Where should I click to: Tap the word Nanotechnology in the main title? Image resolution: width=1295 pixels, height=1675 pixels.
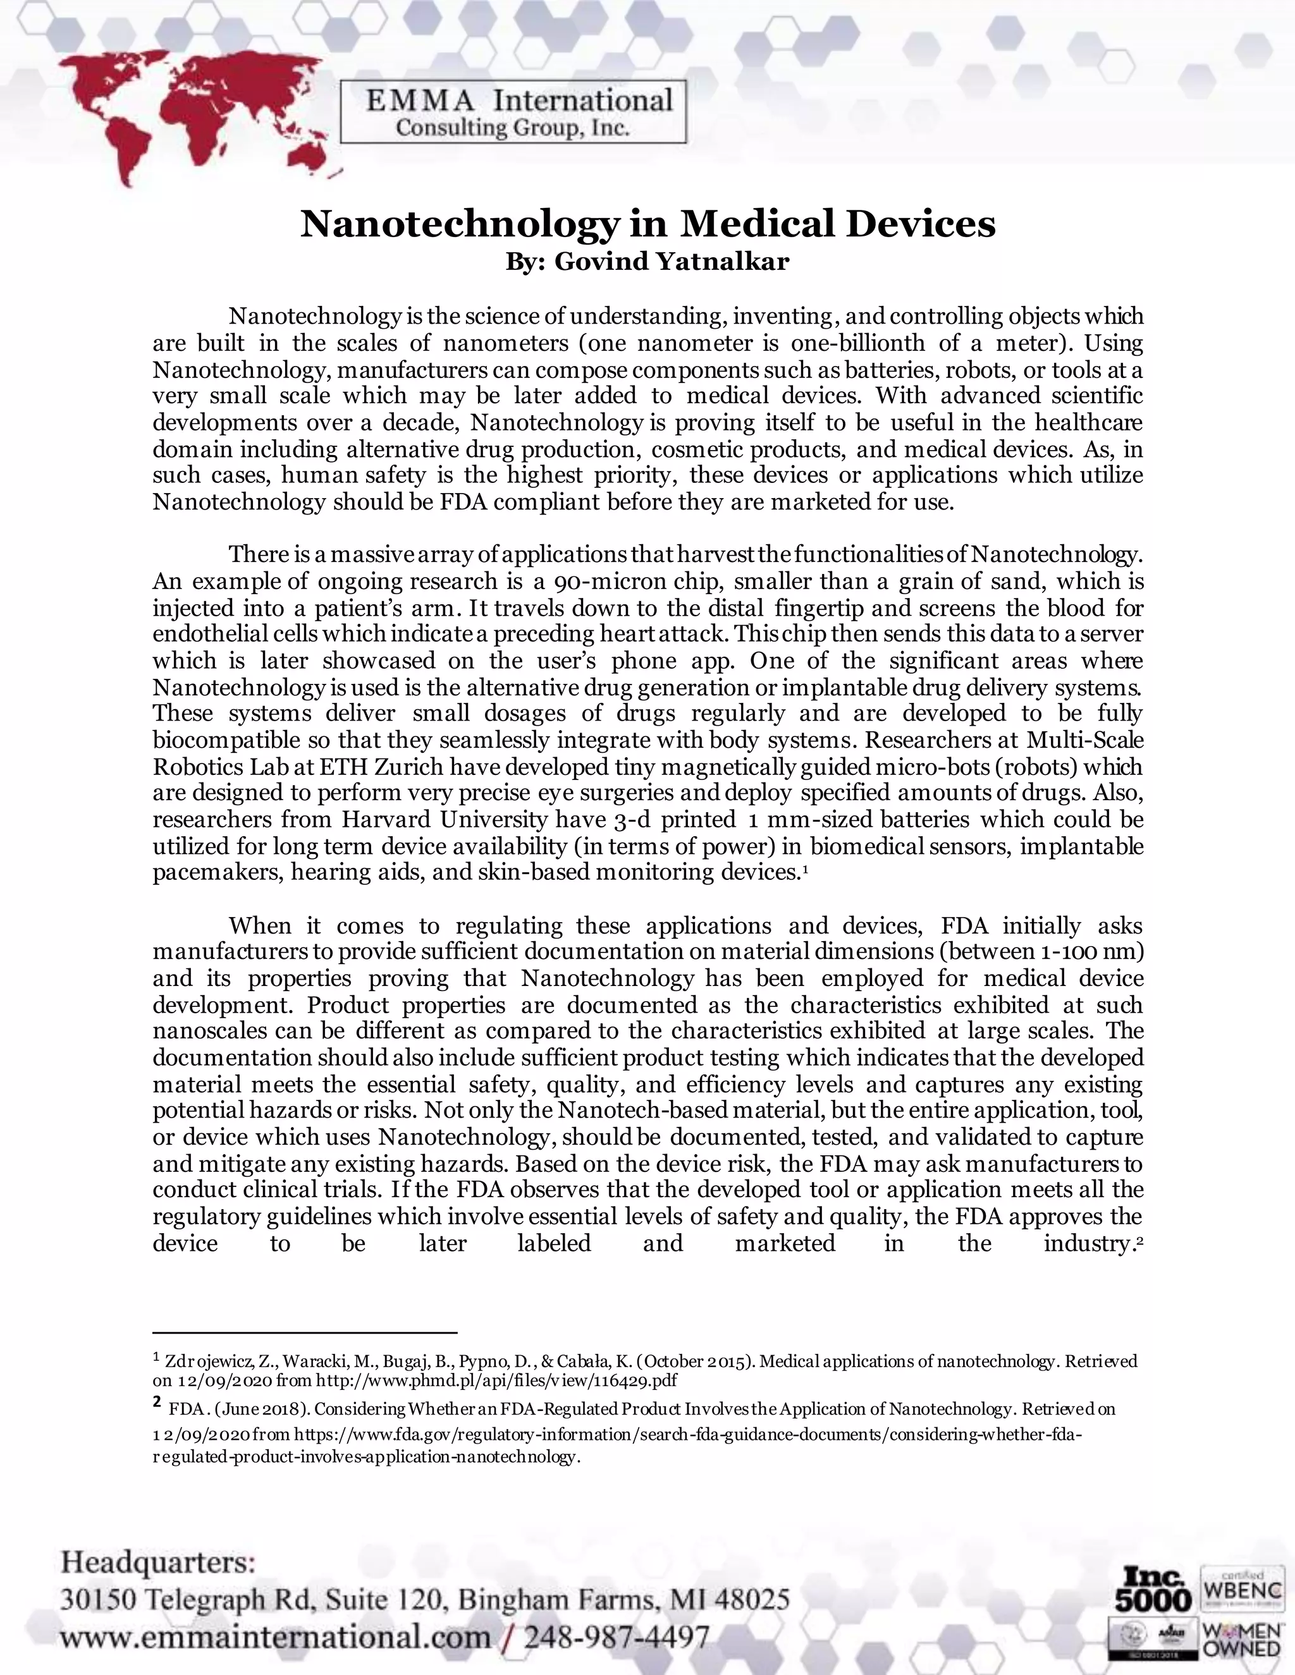458,224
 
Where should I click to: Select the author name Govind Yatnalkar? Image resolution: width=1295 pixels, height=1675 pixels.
672,262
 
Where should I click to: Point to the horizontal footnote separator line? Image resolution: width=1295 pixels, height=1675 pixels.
305,1333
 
